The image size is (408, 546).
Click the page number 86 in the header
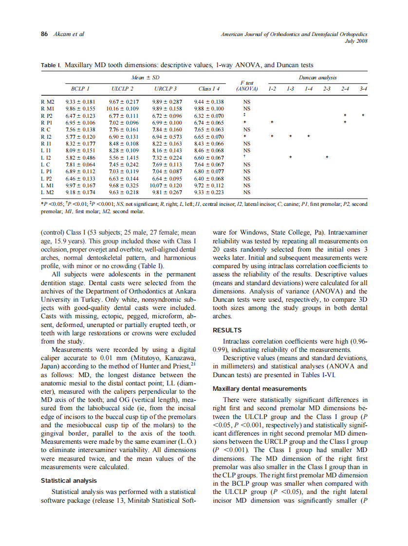pyautogui.click(x=44, y=34)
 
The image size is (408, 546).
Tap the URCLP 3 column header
pyautogui.click(x=166, y=89)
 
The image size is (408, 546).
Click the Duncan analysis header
pyautogui.click(x=317, y=77)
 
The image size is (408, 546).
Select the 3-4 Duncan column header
pyautogui.click(x=363, y=89)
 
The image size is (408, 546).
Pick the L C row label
pyautogui.click(x=46, y=164)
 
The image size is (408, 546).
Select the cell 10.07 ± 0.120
pyautogui.click(x=166, y=185)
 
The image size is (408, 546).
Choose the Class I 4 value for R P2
pyautogui.click(x=209, y=116)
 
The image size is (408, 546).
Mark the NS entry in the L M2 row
pyautogui.click(x=246, y=192)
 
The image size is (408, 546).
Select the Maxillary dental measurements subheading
pyautogui.click(x=260, y=388)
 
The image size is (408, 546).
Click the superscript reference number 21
pyautogui.click(x=193, y=363)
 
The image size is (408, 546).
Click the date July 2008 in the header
pyautogui.click(x=356, y=41)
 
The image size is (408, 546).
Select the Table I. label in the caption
pyautogui.click(x=51, y=65)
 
